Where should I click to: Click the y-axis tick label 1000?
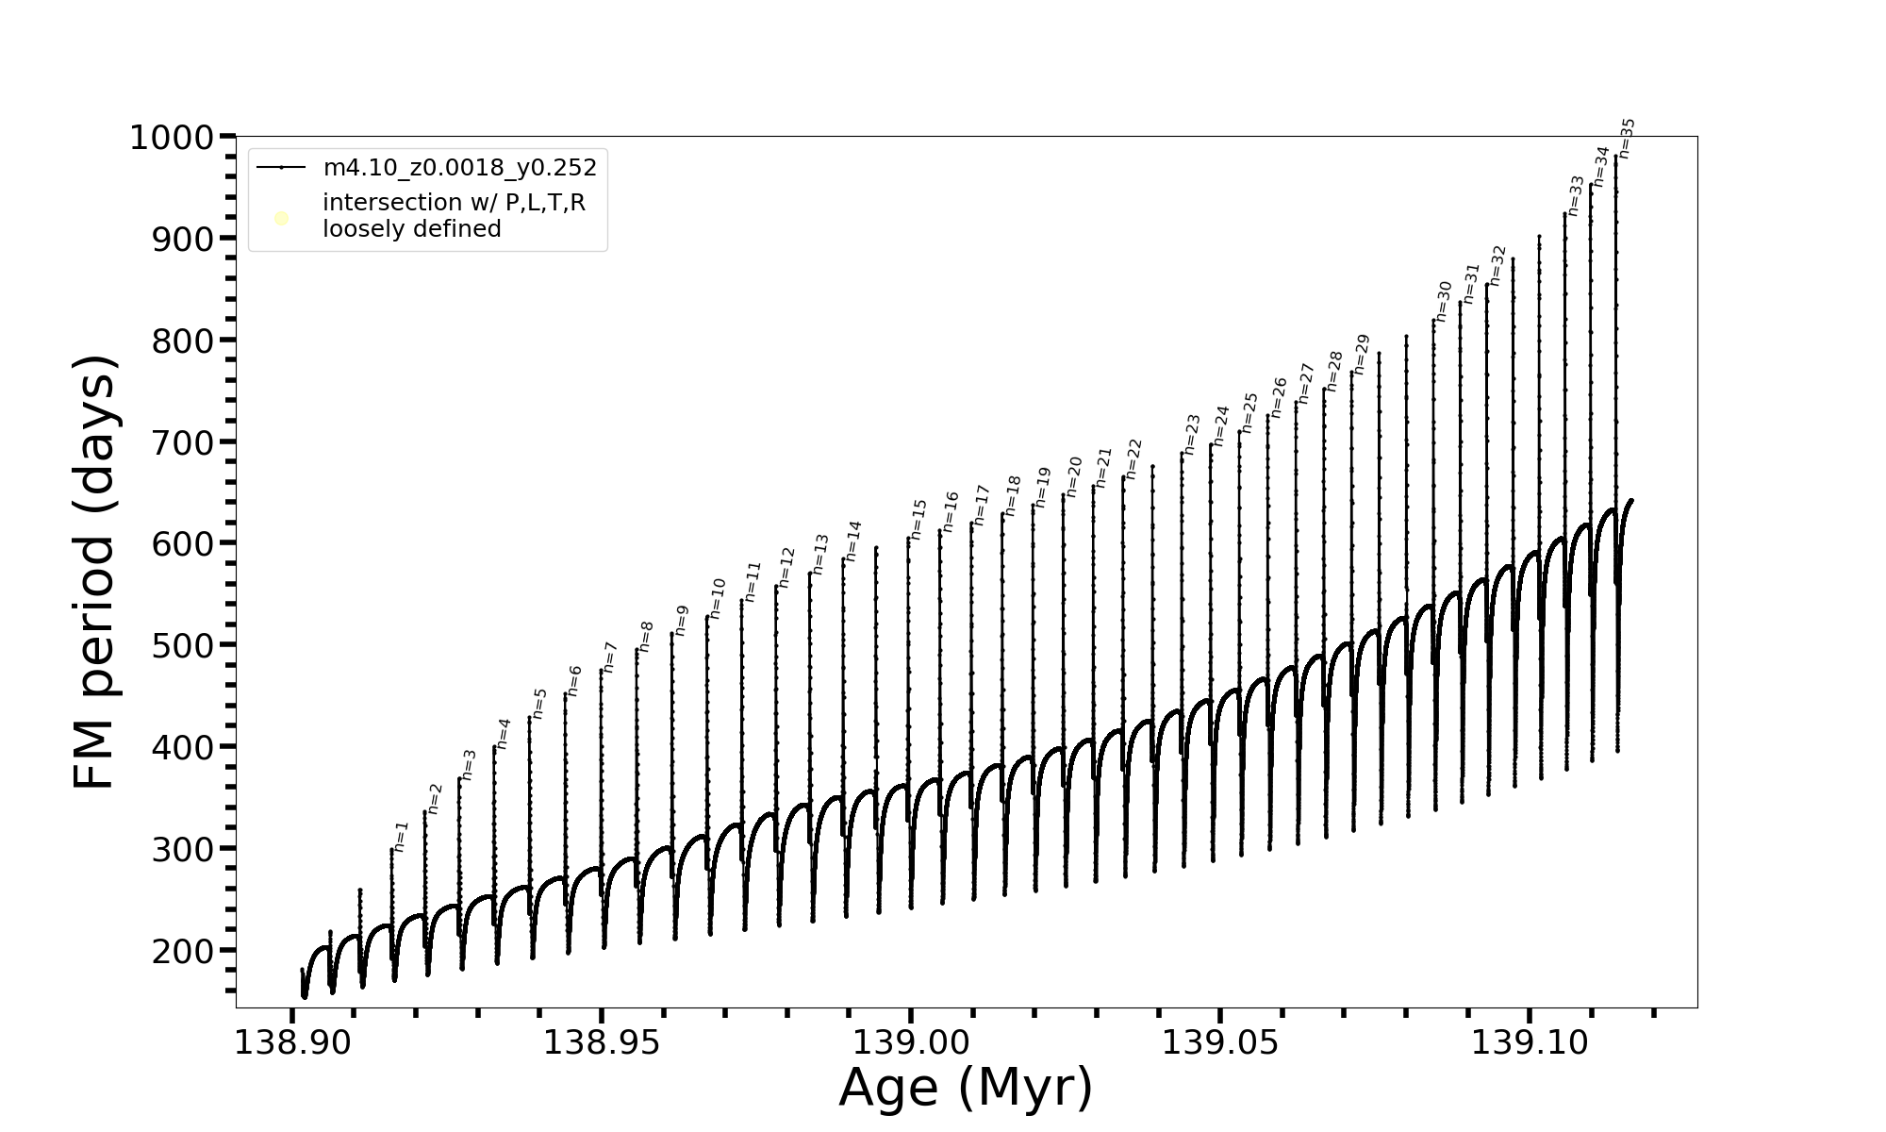coord(172,139)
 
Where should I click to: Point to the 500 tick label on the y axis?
coord(183,645)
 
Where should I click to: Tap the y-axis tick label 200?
coord(183,951)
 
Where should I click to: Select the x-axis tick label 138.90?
coord(291,1042)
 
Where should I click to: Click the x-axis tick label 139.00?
coord(910,1042)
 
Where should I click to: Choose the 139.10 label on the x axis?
coord(1530,1042)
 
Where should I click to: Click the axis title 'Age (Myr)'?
coord(966,1088)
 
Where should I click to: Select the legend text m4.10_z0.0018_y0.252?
coord(459,168)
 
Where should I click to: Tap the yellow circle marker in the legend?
coord(281,219)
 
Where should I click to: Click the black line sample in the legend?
coord(281,168)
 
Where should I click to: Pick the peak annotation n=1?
coord(402,836)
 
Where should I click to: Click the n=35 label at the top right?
coord(1627,138)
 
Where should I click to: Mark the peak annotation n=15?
coord(918,519)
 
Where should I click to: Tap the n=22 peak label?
coord(1133,458)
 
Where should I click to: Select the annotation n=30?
coord(1443,301)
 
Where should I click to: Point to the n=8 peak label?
coord(646,636)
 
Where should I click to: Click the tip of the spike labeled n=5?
coord(529,718)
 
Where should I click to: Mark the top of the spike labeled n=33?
coord(1564,214)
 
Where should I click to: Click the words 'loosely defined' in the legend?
coord(411,229)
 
